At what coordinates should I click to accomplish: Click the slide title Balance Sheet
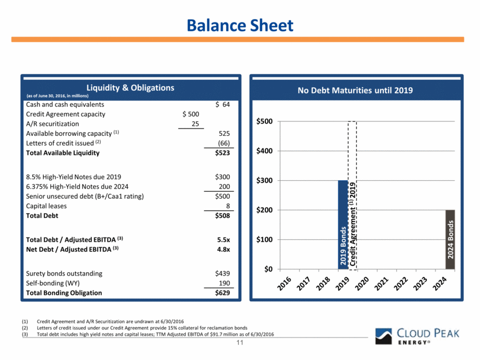(239, 25)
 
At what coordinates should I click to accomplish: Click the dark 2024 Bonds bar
(450, 239)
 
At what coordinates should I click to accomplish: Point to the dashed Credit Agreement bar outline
(352, 196)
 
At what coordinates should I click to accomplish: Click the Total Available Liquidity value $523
(223, 153)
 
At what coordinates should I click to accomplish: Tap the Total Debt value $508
(223, 216)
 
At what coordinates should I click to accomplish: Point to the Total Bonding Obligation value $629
(223, 293)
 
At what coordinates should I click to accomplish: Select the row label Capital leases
(46, 206)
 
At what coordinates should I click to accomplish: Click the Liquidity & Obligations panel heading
(130, 88)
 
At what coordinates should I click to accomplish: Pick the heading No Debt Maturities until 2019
(360, 90)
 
